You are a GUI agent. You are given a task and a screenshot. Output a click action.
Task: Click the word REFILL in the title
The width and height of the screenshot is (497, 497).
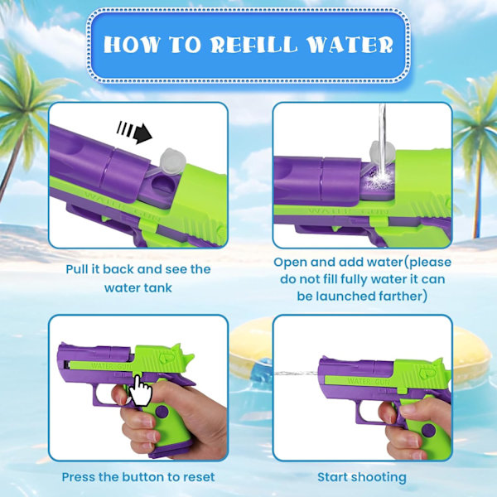pyautogui.click(x=254, y=45)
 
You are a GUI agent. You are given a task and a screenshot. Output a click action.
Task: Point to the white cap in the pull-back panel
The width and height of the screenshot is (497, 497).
pyautogui.click(x=172, y=161)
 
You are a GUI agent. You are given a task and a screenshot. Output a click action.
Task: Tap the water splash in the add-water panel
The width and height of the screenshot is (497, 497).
pyautogui.click(x=379, y=179)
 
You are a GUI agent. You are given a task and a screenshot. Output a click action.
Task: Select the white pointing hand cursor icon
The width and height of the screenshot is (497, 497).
pyautogui.click(x=140, y=390)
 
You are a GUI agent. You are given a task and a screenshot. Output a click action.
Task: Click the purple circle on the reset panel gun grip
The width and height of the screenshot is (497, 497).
pyautogui.click(x=162, y=412)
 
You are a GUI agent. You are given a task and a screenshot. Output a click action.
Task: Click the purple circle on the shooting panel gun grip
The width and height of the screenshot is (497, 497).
pyautogui.click(x=428, y=431)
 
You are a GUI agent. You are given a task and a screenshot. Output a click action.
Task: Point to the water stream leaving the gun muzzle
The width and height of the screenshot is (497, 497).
pyautogui.click(x=297, y=374)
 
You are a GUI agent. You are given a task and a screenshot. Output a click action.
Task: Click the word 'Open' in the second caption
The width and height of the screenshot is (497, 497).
pyautogui.click(x=290, y=263)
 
